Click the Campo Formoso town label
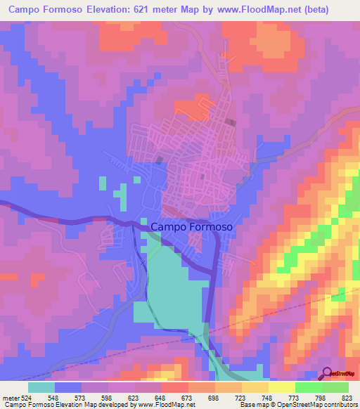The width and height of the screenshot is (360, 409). (x=191, y=227)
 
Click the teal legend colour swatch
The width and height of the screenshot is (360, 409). (x=41, y=387)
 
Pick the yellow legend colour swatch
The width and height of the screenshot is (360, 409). (x=281, y=387)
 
